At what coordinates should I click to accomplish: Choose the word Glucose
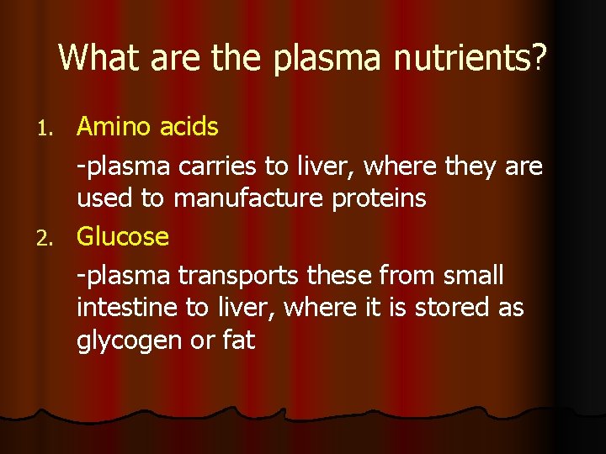coord(123,236)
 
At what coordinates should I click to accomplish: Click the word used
coord(104,199)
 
